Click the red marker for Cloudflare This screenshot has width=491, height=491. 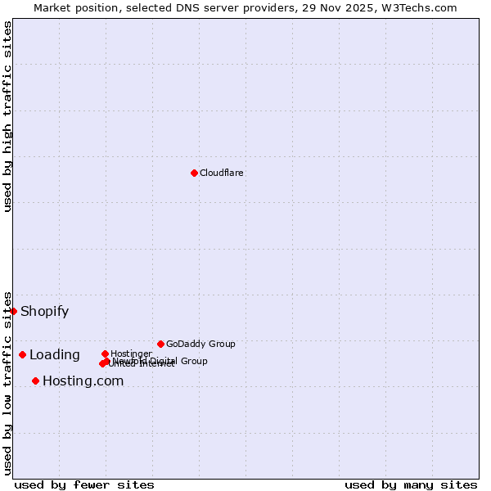tap(194, 173)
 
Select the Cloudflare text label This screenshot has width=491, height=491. tap(222, 173)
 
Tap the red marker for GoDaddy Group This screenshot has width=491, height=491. tap(160, 344)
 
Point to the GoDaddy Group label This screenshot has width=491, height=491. tap(200, 344)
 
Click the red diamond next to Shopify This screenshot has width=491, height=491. tap(13, 311)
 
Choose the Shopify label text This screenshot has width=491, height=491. tap(44, 311)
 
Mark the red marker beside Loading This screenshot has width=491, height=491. tap(22, 354)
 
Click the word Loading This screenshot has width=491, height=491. tap(54, 355)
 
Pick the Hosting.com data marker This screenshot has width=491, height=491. tap(35, 381)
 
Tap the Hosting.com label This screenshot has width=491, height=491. tap(83, 381)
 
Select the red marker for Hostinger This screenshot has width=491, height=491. tap(105, 354)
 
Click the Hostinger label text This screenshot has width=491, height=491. tap(131, 354)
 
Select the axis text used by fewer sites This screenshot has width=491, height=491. tap(84, 484)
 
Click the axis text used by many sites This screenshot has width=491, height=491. tap(411, 484)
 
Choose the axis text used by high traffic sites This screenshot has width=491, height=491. tap(7, 115)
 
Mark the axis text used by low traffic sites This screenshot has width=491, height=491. tap(7, 382)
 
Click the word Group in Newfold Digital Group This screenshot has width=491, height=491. tap(193, 361)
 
